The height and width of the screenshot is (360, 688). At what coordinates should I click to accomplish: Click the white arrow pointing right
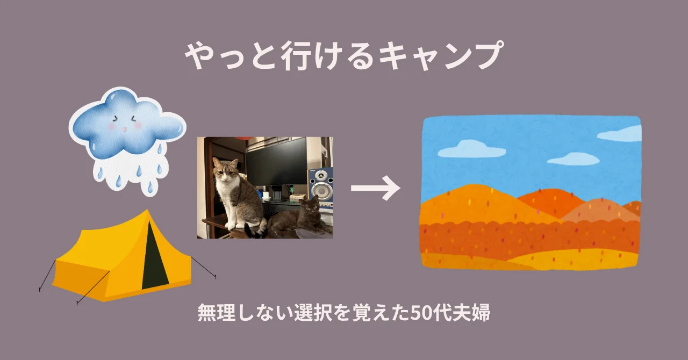pos(375,189)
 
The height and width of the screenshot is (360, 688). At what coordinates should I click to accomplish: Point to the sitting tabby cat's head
pos(225,171)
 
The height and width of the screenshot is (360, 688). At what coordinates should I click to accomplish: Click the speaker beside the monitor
pos(320,188)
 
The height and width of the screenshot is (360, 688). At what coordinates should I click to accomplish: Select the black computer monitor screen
pos(276,161)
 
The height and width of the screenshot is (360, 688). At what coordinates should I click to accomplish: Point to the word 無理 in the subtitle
pos(212,313)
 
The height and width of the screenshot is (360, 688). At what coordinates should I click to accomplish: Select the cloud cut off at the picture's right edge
pos(621,134)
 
